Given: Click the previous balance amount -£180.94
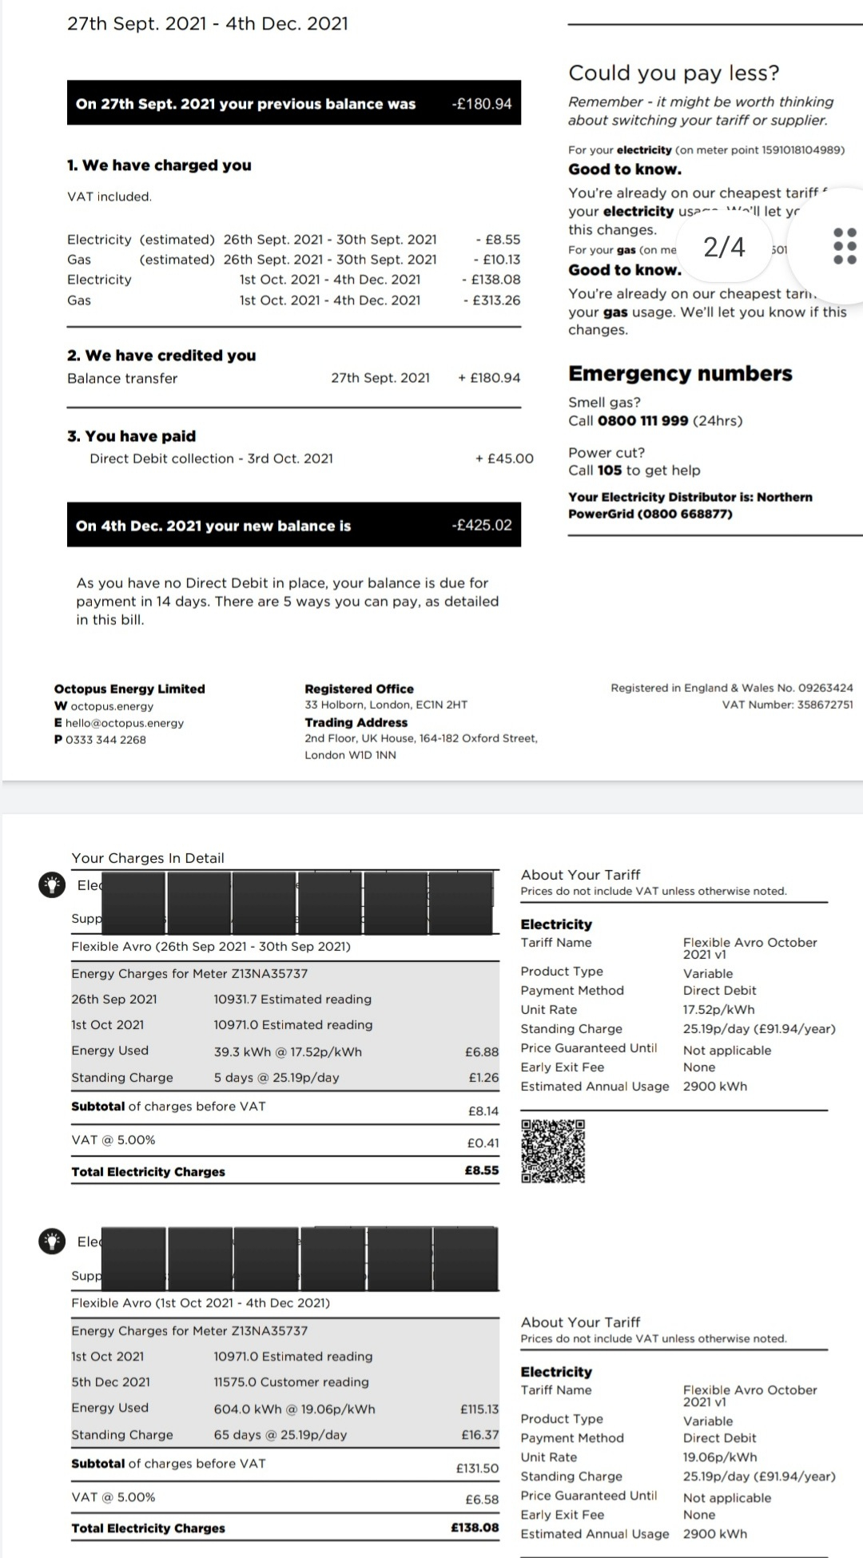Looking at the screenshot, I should (x=481, y=104).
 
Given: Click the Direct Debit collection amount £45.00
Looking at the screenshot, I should (x=504, y=459).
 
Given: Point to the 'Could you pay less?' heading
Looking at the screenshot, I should (x=674, y=73).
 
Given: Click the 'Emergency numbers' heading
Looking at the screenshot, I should (x=680, y=374).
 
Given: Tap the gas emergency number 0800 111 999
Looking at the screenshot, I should (x=642, y=421).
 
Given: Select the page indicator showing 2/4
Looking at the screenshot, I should (x=724, y=247).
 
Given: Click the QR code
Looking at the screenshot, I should (x=553, y=1151).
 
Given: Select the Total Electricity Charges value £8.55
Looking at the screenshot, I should (x=482, y=1170).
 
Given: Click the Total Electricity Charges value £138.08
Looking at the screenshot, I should (x=475, y=1528).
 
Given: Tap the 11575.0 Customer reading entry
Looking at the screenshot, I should (x=291, y=1382).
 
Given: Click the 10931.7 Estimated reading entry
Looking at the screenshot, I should (x=292, y=1000).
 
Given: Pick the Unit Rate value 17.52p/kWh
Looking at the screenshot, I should (x=718, y=1010).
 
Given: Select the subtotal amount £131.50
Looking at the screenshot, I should (x=477, y=1469).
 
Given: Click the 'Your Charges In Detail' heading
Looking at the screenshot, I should (x=148, y=858).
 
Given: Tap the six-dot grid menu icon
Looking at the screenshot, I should (x=845, y=246).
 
